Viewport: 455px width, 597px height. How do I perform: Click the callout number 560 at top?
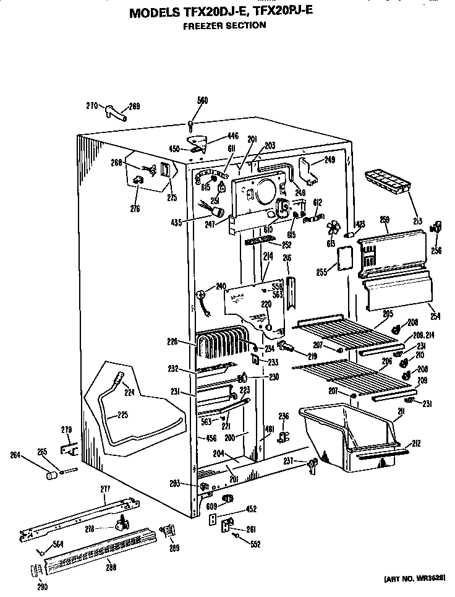tap(202, 100)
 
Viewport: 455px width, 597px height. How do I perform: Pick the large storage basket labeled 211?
tap(346, 436)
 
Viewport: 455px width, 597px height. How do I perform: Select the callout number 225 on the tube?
tap(123, 414)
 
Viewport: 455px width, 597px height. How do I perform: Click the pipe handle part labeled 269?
tap(116, 113)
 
